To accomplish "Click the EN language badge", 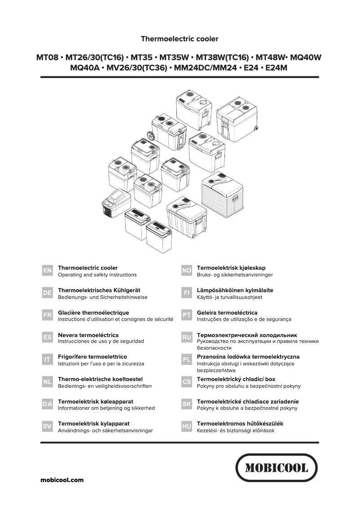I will click(47, 271).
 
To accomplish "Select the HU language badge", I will click(187, 426).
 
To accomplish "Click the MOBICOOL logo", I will click(277, 468).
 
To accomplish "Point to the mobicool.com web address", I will click(62, 480).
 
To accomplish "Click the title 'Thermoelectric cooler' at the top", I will click(180, 39).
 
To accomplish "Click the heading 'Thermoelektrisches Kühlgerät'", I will click(99, 290).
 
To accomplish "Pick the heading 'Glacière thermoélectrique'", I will click(93, 312).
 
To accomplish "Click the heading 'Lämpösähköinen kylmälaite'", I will click(235, 290).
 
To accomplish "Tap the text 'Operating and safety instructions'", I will click(97, 275).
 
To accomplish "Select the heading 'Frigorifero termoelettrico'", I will click(92, 357).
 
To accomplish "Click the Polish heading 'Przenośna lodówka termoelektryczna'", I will click(248, 357).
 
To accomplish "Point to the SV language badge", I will click(47, 426).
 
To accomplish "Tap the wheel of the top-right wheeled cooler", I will click(256, 130).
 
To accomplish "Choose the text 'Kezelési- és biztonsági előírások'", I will click(236, 430).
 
